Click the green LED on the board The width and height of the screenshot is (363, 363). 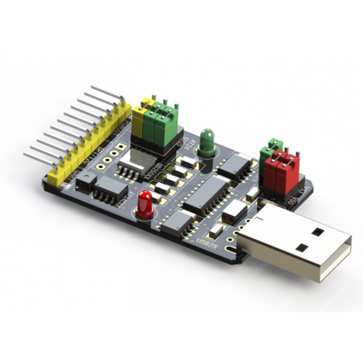207,141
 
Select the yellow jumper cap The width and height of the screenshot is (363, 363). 147,119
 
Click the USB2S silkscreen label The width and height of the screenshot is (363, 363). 206,238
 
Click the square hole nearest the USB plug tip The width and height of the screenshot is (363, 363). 318,232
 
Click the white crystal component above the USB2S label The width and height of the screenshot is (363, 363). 235,210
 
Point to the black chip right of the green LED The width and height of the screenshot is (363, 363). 235,165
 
